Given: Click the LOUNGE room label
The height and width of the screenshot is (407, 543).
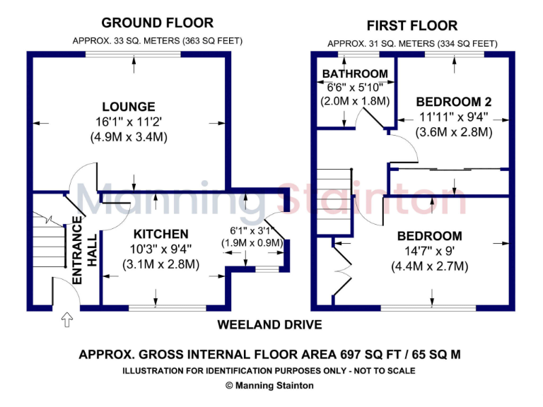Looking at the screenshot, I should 128,107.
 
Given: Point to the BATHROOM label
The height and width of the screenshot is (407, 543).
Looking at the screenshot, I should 355,73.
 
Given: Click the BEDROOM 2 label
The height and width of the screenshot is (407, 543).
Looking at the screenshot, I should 453,100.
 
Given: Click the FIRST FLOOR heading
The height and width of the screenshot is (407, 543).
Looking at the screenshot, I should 411,26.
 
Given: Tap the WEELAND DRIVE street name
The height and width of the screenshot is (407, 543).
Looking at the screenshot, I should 269,325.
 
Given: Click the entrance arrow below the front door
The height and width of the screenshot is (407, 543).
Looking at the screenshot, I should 67,320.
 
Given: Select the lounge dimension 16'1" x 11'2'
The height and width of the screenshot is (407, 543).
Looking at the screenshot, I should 128,122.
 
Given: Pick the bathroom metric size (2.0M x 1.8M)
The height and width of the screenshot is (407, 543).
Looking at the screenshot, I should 355,100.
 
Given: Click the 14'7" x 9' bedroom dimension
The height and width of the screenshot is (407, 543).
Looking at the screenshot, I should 429,251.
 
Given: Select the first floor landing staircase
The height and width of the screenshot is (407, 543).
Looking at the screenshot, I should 334,201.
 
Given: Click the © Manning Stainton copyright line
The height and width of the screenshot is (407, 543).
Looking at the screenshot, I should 269,386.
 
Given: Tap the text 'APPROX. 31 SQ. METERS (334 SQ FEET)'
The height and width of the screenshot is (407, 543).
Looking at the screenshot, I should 412,44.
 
